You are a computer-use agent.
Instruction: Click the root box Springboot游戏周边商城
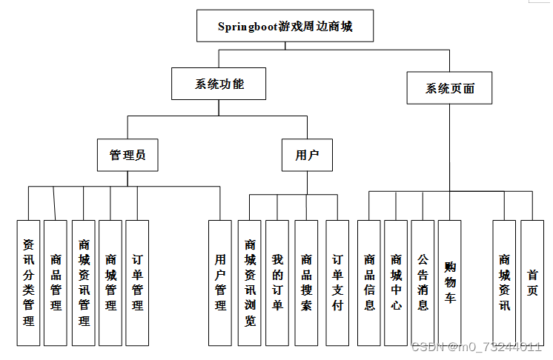pyautogui.click(x=285, y=27)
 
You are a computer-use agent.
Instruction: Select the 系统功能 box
pyautogui.click(x=219, y=84)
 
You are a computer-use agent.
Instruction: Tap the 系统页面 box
pyautogui.click(x=450, y=89)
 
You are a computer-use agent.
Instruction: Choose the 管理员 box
pyautogui.click(x=128, y=155)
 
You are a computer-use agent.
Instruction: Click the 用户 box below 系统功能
pyautogui.click(x=307, y=155)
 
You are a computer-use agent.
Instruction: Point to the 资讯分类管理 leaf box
pyautogui.click(x=28, y=282)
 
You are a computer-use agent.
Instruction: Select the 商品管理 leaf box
pyautogui.click(x=56, y=282)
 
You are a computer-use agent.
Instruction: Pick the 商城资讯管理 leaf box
pyautogui.click(x=84, y=282)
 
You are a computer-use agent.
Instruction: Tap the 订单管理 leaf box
pyautogui.click(x=137, y=282)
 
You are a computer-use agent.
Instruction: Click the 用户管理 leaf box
pyautogui.click(x=220, y=282)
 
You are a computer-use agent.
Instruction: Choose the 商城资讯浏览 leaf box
pyautogui.click(x=250, y=282)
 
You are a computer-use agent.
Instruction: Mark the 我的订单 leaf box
pyautogui.click(x=277, y=282)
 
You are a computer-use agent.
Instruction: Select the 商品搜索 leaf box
pyautogui.click(x=306, y=282)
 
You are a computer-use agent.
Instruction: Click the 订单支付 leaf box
pyautogui.click(x=337, y=282)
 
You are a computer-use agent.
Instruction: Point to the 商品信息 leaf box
pyautogui.click(x=369, y=282)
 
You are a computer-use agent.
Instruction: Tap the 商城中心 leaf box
pyautogui.click(x=396, y=282)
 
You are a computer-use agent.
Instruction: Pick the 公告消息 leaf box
pyautogui.click(x=423, y=282)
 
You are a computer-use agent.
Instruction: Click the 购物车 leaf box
pyautogui.click(x=449, y=282)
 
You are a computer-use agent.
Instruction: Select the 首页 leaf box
pyautogui.click(x=532, y=282)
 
